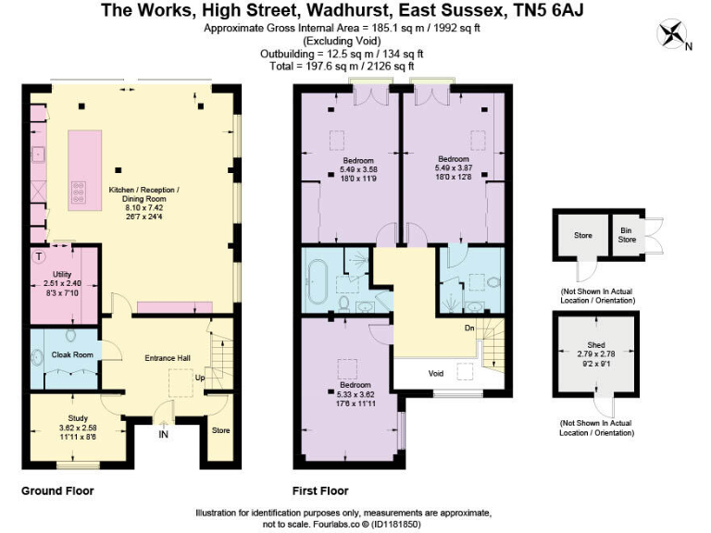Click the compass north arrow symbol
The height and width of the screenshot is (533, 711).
[x=673, y=34]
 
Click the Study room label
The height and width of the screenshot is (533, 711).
[x=78, y=418]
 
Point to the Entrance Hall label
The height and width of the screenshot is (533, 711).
[x=166, y=358]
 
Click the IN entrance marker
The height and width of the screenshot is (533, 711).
[x=164, y=433]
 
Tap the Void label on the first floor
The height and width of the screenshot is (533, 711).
[x=435, y=374]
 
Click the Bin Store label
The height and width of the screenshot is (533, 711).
[x=626, y=232]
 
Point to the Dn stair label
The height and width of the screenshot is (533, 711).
[x=470, y=328]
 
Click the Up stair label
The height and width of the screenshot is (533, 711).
[x=200, y=378]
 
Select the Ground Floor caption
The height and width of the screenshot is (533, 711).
[x=57, y=490]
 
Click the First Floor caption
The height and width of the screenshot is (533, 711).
[x=320, y=490]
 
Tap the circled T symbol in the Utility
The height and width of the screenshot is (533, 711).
[x=39, y=255]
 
